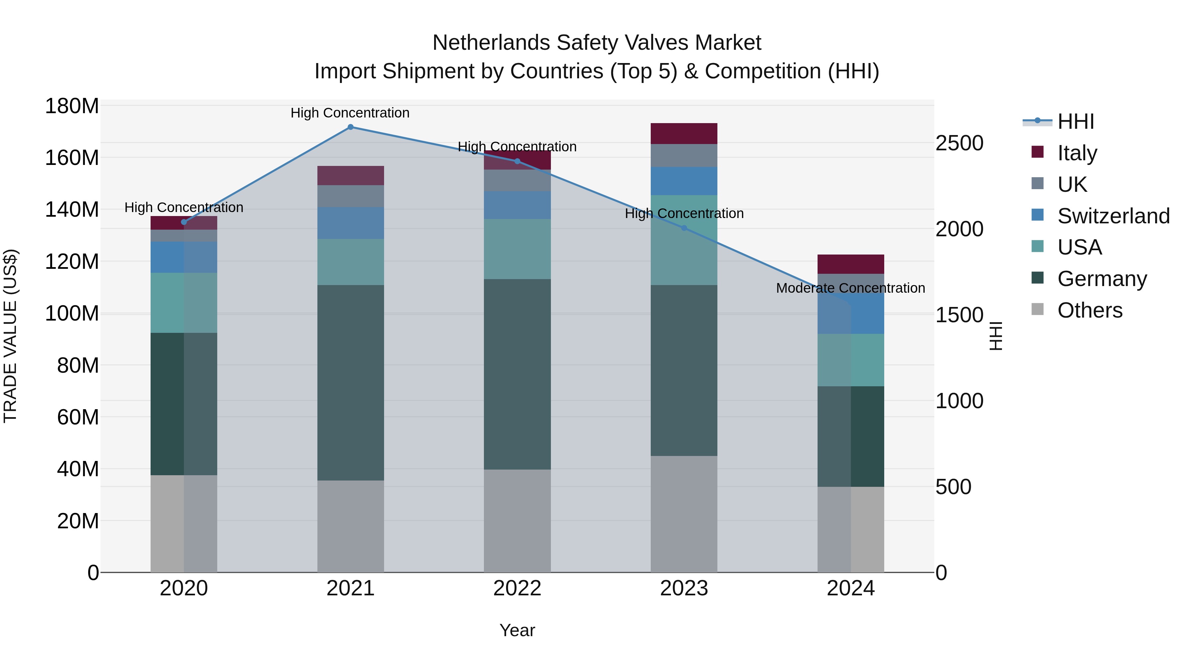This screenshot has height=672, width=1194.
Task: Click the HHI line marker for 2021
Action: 351,127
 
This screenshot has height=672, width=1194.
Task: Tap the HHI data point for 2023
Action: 684,228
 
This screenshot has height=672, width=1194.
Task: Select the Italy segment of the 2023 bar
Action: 684,133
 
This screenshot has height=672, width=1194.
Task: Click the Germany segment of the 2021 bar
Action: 351,383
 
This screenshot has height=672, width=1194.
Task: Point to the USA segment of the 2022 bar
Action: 517,249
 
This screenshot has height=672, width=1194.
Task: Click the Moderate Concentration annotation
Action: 850,288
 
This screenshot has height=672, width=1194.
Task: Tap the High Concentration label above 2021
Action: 350,113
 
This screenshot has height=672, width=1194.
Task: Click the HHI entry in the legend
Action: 1075,121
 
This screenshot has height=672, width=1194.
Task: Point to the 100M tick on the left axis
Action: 72,314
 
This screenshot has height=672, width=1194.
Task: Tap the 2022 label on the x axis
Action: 517,588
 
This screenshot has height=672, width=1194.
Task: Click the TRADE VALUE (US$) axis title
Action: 11,336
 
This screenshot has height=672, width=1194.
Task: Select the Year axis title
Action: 517,630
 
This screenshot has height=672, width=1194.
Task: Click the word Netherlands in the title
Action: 491,43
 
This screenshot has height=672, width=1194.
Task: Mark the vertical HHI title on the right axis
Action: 995,336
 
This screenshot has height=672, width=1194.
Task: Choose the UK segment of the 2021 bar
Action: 351,196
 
